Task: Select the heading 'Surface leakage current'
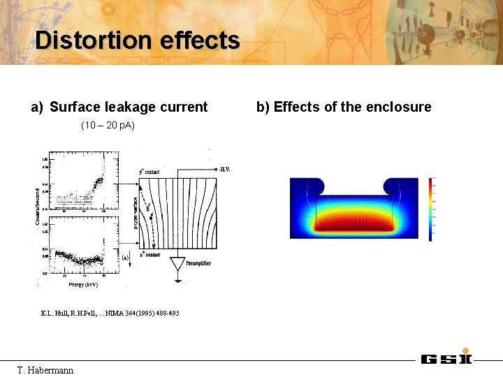(x=129, y=107)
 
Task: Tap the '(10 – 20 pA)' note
(x=108, y=125)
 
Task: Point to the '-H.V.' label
(x=225, y=169)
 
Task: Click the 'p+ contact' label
(x=150, y=172)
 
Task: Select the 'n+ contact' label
(x=150, y=255)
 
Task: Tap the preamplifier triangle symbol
(x=177, y=264)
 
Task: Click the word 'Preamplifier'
(x=198, y=263)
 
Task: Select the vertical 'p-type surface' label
(x=136, y=214)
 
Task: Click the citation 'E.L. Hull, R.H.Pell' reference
(x=110, y=313)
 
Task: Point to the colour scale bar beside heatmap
(x=430, y=209)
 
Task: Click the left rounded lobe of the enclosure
(x=314, y=186)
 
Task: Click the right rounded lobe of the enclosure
(x=393, y=186)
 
